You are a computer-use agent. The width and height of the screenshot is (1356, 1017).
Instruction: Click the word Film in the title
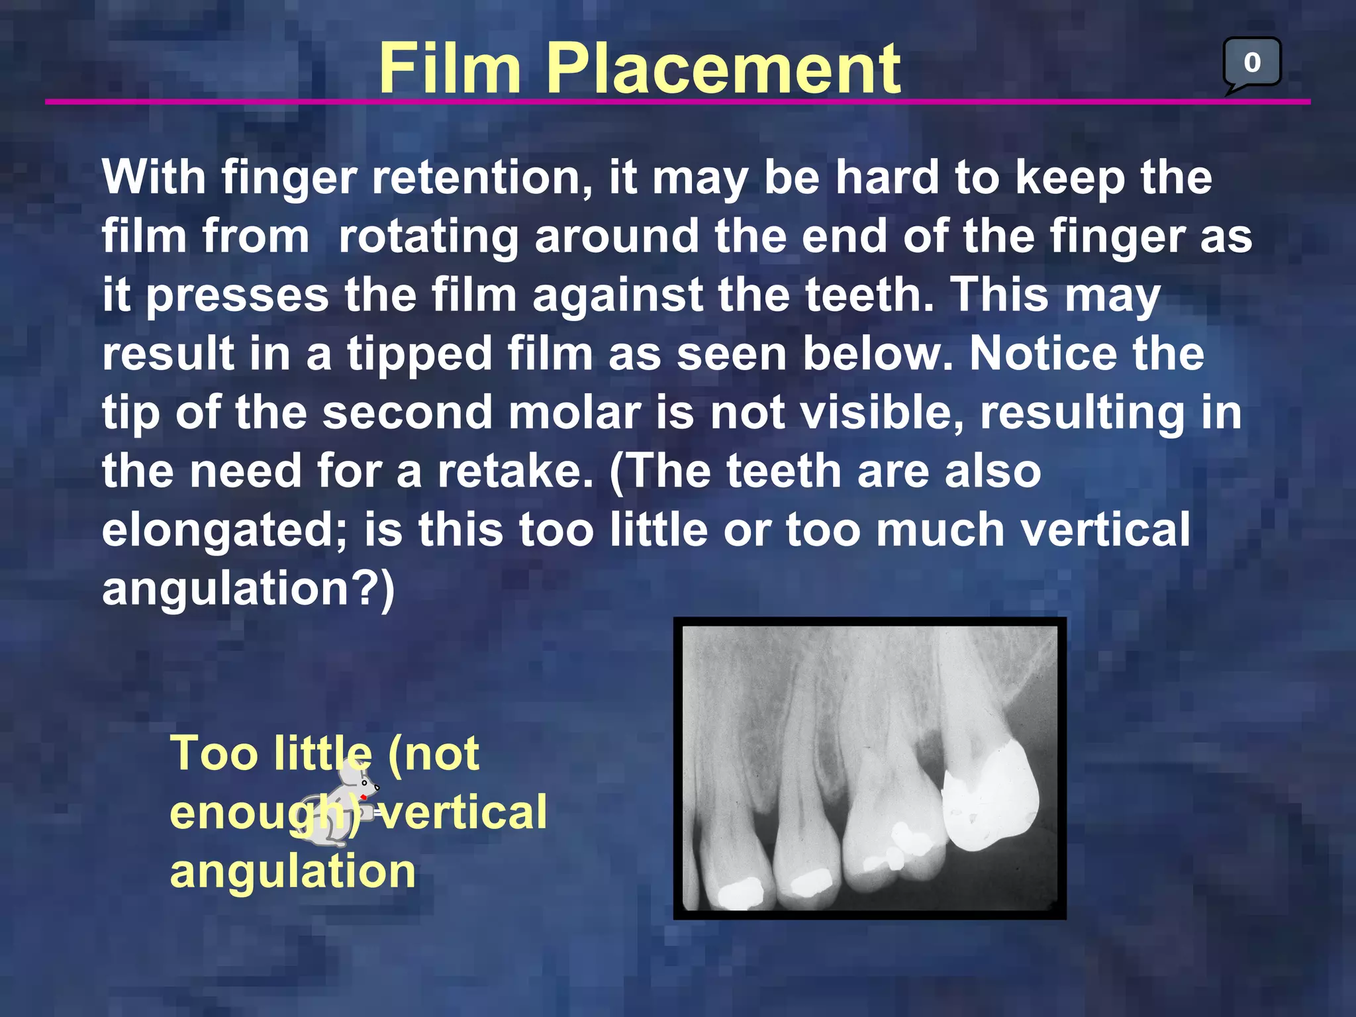coord(450,68)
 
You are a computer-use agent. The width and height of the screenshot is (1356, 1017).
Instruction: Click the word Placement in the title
coord(722,68)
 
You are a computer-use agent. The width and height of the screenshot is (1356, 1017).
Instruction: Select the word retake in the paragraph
coord(515,471)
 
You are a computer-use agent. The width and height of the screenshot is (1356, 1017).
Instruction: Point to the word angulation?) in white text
coord(248,589)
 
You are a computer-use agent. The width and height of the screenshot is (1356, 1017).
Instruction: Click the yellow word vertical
coord(463,812)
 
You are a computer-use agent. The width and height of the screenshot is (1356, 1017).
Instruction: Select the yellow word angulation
coord(293,871)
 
